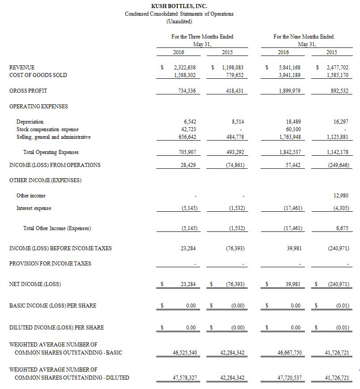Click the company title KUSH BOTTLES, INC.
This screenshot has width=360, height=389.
179,6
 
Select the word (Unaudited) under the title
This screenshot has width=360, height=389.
179,21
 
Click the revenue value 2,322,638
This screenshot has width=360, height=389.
184,67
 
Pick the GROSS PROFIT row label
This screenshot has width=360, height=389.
28,91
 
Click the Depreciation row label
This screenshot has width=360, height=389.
30,122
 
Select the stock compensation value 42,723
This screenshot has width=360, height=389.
188,129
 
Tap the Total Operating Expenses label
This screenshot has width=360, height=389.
51,152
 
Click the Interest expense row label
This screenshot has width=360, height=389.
34,208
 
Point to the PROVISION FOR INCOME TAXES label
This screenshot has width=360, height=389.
50,264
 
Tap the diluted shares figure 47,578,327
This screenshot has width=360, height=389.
184,378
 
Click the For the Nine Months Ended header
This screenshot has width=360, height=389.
303,36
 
